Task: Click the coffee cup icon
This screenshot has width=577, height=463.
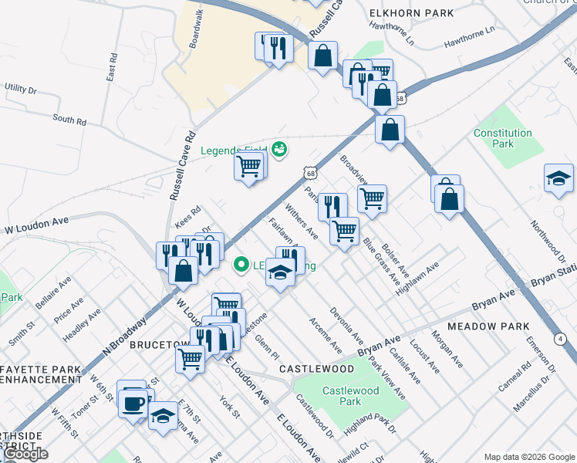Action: pyautogui.click(x=133, y=402)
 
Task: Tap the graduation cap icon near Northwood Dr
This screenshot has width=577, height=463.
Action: pyautogui.click(x=558, y=179)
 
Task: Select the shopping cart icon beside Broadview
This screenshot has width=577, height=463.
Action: pyautogui.click(x=372, y=198)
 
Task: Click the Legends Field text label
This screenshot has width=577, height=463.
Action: pyautogui.click(x=234, y=150)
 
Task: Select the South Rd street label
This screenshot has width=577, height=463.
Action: pyautogui.click(x=69, y=120)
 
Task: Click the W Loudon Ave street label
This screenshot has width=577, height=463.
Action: pyautogui.click(x=37, y=224)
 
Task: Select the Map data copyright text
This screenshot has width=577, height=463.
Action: pyautogui.click(x=529, y=456)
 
